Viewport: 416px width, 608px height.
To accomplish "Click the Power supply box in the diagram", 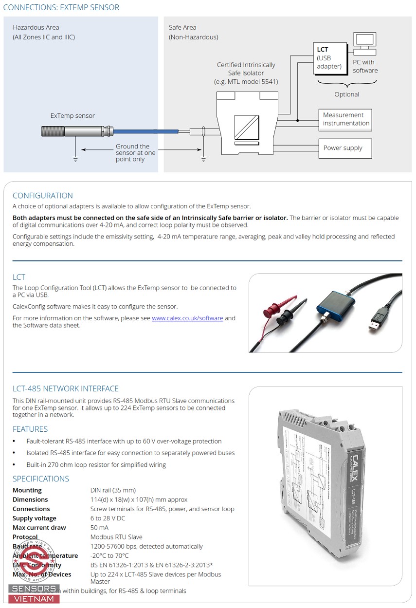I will (345, 148).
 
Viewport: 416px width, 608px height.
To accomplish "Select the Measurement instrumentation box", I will (345, 119).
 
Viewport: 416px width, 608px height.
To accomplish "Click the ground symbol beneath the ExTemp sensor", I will (75, 158).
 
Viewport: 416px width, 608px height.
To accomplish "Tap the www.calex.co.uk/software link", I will (187, 318).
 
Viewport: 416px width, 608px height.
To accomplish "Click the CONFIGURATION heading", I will (43, 196).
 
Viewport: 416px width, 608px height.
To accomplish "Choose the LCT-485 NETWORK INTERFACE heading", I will (66, 389).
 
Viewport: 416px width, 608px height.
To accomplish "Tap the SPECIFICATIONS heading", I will (41, 479).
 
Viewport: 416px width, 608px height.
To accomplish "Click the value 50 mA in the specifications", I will (99, 528).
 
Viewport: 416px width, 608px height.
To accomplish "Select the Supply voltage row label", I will (35, 518).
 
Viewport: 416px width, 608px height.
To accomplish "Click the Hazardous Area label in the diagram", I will (36, 27).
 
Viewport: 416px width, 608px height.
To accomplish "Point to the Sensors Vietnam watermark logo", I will (34, 579).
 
